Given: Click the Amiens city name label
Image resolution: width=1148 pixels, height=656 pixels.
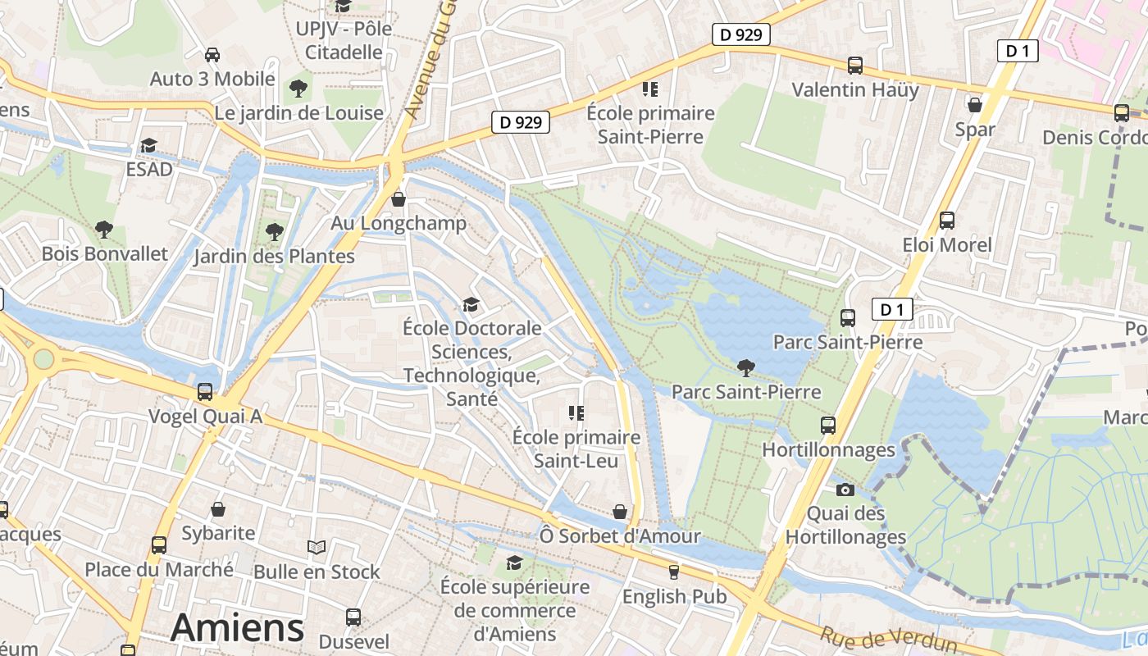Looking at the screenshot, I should tap(238, 627).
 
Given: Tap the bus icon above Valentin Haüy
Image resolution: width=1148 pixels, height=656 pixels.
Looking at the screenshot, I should tap(855, 66).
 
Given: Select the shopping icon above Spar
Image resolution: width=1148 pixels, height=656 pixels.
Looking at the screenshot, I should tap(975, 105).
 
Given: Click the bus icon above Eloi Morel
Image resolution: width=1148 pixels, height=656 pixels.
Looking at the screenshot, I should tap(947, 220).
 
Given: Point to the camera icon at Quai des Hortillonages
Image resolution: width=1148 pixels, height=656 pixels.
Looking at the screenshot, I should tap(845, 490).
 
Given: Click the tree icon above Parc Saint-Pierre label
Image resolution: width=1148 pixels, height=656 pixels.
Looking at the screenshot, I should tap(746, 367).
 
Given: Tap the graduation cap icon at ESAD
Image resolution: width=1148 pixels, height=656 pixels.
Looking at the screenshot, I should tap(148, 145).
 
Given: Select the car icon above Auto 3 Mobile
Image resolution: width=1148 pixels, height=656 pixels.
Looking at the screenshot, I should tap(212, 54).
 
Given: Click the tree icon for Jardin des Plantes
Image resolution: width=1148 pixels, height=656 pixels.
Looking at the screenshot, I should tap(275, 232).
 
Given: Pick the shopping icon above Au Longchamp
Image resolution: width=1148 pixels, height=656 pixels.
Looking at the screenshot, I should tap(399, 198).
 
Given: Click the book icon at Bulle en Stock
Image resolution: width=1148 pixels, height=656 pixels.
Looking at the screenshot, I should tap(317, 547).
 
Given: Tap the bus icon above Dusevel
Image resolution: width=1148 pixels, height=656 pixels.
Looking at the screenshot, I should tap(353, 617).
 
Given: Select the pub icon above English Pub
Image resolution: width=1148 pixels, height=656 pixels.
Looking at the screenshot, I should tap(674, 572).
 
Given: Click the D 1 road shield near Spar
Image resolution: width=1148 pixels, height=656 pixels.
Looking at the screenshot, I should tap(1018, 51).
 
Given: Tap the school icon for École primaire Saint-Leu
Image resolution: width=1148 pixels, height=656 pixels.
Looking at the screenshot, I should tap(576, 412).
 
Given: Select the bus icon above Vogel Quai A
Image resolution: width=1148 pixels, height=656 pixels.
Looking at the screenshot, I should tap(205, 392).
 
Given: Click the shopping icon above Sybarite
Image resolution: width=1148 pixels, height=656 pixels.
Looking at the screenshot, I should tap(218, 509).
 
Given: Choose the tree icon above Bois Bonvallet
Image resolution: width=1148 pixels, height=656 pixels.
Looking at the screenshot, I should tap(104, 229).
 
